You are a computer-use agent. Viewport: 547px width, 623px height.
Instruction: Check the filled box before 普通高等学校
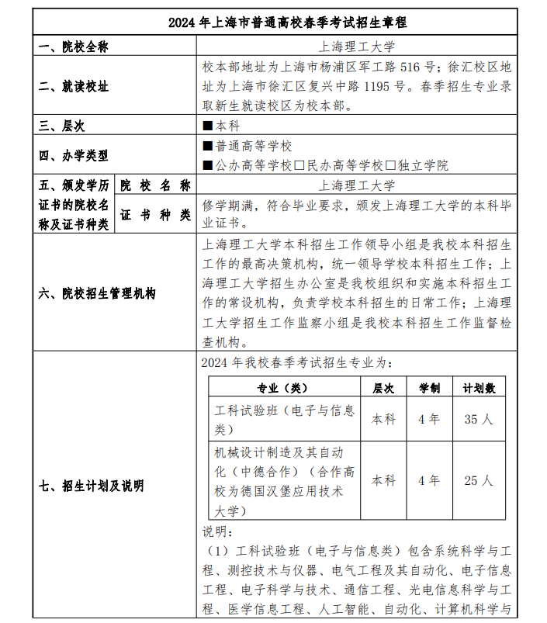(207, 146)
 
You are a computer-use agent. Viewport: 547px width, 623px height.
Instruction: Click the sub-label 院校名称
(155, 185)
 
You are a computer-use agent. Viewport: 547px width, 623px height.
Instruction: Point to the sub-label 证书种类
(155, 215)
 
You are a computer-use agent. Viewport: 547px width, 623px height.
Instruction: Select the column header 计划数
(479, 387)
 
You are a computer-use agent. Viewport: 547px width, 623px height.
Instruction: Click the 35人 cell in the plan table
(479, 419)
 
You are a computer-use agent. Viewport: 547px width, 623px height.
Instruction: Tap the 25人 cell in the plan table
(479, 480)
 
